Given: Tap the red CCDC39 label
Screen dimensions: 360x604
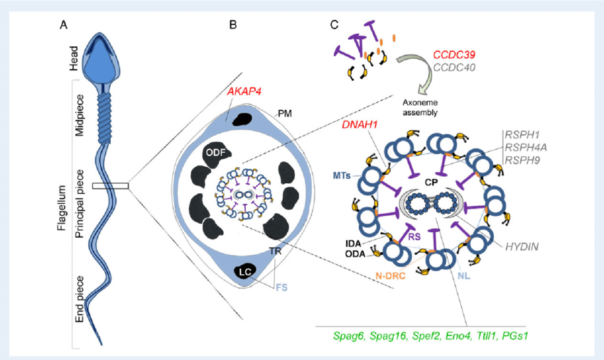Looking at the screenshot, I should [x=454, y=55].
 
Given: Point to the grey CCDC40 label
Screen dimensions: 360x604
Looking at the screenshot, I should [x=454, y=67].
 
